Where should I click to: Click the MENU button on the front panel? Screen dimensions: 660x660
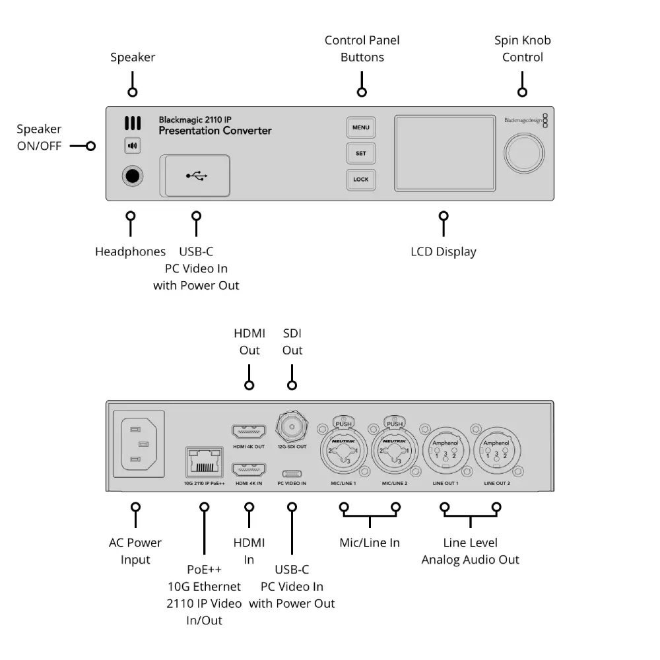click(x=361, y=127)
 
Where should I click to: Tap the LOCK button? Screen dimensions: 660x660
click(x=361, y=180)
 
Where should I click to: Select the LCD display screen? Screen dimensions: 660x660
click(x=445, y=154)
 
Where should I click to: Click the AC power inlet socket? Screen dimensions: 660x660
click(x=139, y=444)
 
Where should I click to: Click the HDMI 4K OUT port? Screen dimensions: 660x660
click(x=249, y=433)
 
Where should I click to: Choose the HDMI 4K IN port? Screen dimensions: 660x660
click(x=249, y=470)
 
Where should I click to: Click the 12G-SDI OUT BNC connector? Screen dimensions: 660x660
click(x=292, y=428)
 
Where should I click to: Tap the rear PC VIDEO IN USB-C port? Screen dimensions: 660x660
click(x=292, y=473)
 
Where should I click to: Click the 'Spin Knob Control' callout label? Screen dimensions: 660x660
click(x=522, y=49)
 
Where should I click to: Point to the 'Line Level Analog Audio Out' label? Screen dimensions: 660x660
click(x=470, y=551)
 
